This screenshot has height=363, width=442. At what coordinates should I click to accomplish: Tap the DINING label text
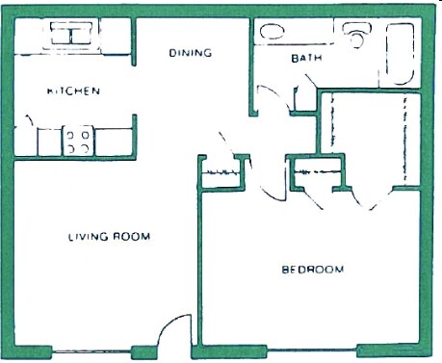(x=190, y=53)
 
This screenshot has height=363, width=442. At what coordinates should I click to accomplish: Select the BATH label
(x=305, y=59)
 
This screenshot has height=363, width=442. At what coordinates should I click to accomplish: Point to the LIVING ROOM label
(x=108, y=237)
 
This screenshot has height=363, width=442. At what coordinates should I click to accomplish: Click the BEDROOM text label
(x=313, y=269)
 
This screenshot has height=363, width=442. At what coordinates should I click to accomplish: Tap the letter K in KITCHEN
(x=51, y=91)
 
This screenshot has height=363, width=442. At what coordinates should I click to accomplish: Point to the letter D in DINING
(x=172, y=53)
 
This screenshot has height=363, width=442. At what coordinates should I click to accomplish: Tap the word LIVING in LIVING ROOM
(x=87, y=237)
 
